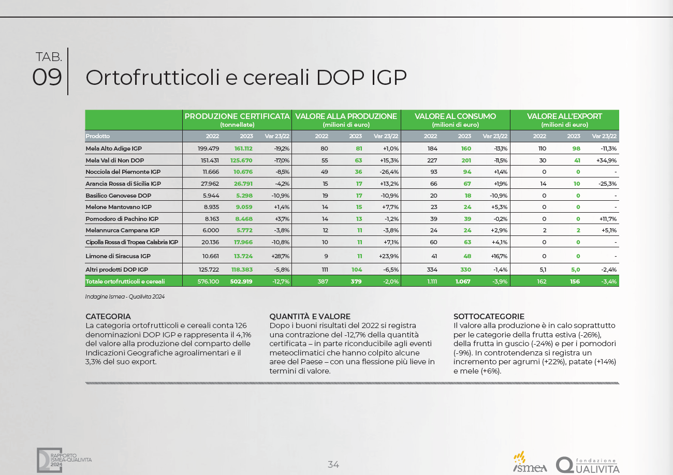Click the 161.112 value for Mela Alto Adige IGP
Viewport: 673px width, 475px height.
[x=243, y=149]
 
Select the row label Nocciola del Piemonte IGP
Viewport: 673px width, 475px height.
[x=123, y=172]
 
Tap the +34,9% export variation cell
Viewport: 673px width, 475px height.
[x=606, y=160]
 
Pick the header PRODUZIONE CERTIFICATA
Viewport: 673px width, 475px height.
[x=237, y=116]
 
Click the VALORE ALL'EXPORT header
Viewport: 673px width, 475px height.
[x=564, y=116]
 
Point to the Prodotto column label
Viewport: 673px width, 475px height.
[x=98, y=136]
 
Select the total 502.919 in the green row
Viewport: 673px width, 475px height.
[x=241, y=281]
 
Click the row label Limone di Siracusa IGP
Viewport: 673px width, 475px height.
[x=118, y=256]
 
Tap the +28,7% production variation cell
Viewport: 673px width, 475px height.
[x=280, y=256]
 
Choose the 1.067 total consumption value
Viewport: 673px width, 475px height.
[x=463, y=281]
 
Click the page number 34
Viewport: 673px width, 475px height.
[x=333, y=465]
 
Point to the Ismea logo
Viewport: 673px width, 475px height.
[x=530, y=462]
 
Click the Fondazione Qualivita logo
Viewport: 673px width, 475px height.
[x=588, y=465]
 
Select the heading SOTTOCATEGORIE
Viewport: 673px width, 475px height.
[x=489, y=317]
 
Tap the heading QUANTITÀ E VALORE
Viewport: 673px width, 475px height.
[x=310, y=317]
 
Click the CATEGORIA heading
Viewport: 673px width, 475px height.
[x=108, y=317]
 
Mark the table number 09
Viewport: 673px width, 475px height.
[x=47, y=77]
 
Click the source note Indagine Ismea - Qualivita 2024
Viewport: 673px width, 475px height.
[x=125, y=296]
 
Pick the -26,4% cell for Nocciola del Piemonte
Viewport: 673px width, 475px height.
[x=389, y=172]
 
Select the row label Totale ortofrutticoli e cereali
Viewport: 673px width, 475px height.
[x=125, y=281]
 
